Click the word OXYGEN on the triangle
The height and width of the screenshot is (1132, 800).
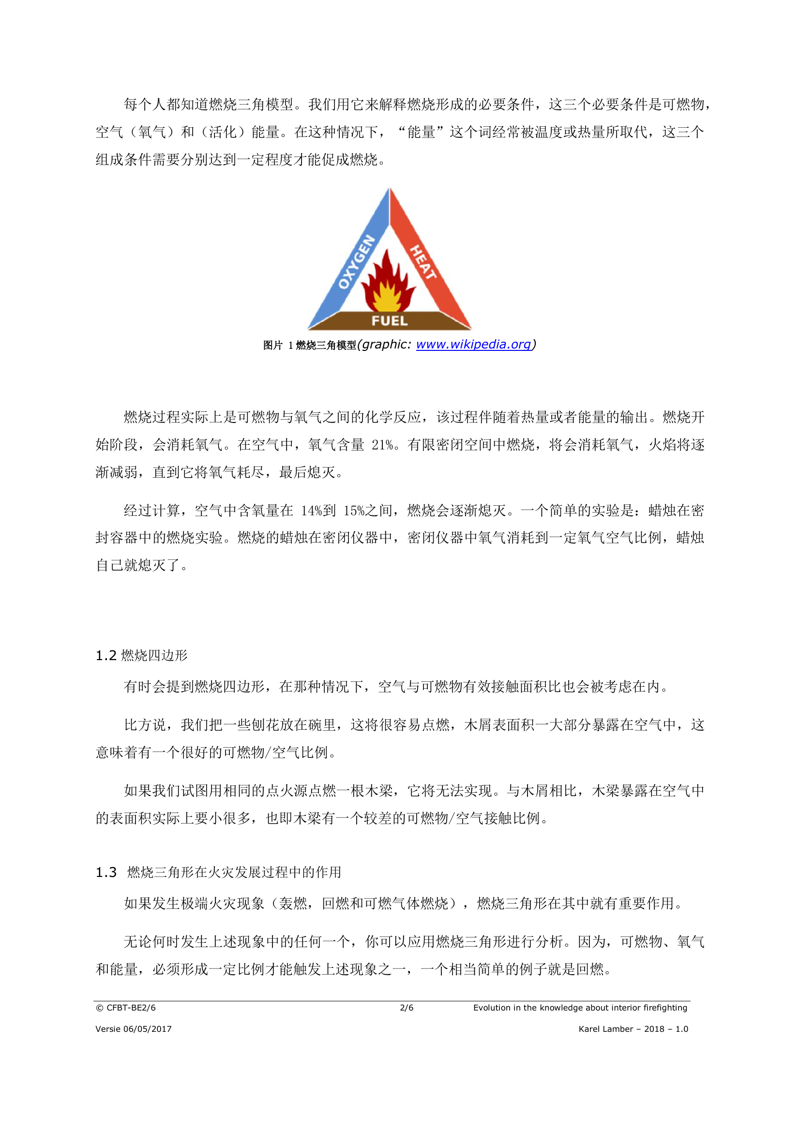(x=356, y=262)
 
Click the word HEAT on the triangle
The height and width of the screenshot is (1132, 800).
(x=423, y=262)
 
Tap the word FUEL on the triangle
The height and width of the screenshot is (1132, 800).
(x=390, y=321)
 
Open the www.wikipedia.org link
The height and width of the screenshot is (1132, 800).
(x=473, y=344)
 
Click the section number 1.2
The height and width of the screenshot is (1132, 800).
(x=106, y=656)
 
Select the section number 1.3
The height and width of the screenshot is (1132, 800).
(x=106, y=873)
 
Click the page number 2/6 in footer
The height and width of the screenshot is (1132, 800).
(x=407, y=1008)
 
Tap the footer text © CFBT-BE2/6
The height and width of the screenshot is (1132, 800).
(x=126, y=1008)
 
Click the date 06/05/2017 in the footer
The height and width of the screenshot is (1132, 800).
(x=148, y=1029)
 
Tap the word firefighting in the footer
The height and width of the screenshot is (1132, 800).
(x=665, y=1008)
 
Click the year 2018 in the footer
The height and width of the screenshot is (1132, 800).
(x=654, y=1029)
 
